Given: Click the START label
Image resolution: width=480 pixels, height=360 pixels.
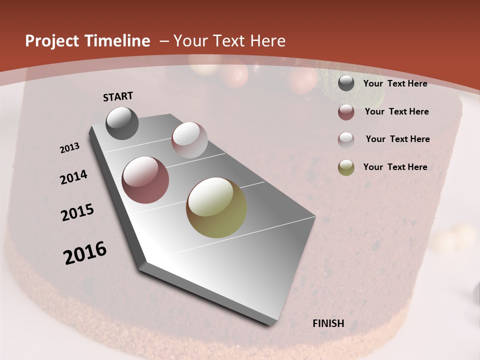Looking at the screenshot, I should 118,96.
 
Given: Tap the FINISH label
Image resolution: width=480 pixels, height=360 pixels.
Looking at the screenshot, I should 328,323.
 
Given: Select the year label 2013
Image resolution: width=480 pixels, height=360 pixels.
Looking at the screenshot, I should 69,148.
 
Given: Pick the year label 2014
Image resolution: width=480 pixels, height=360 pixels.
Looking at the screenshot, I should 73,177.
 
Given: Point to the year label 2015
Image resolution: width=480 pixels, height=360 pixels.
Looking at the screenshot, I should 77,212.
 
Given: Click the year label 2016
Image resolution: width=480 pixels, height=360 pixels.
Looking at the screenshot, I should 85,253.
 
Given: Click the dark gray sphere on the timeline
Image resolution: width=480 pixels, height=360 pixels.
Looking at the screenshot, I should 122,123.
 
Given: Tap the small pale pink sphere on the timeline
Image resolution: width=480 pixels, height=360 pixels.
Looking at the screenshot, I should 189,140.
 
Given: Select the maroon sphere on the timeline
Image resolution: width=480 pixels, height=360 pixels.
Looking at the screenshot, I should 145,180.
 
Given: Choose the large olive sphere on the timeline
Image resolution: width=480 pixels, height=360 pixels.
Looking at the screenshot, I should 216,207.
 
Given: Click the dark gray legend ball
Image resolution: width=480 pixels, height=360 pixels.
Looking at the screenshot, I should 346,83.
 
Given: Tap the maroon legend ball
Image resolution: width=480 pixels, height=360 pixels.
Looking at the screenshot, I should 346,112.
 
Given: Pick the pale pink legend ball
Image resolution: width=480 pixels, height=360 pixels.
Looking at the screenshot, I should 346,140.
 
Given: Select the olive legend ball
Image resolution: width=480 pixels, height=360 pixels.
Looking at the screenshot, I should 346,167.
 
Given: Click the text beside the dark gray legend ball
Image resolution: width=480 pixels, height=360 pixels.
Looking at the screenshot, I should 395,83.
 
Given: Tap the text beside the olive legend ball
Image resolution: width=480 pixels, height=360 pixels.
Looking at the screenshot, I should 395,167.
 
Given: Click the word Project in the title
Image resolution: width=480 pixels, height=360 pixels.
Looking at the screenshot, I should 52,41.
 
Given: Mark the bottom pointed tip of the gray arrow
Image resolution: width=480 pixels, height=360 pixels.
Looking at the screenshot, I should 270,324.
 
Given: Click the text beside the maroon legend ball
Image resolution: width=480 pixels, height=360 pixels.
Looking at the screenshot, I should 396,111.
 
